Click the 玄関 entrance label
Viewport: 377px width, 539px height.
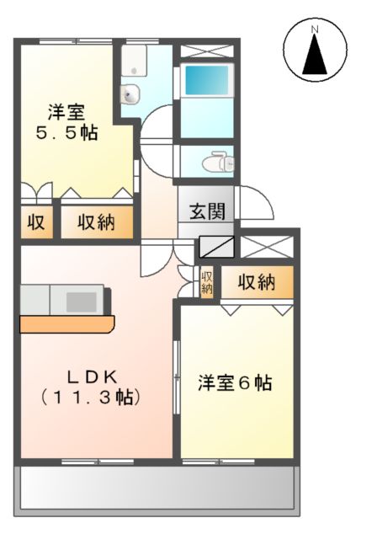(206, 211)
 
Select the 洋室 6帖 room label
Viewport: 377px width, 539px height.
(235, 382)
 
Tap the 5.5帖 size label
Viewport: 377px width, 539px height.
(66, 132)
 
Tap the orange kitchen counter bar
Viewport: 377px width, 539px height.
(66, 323)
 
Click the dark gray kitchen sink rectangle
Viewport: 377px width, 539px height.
(82, 301)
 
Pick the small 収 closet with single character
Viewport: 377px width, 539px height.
(35, 223)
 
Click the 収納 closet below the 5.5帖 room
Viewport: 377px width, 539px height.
(96, 223)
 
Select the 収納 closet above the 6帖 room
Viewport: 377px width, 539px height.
(256, 283)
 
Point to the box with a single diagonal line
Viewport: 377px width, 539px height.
(218, 247)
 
